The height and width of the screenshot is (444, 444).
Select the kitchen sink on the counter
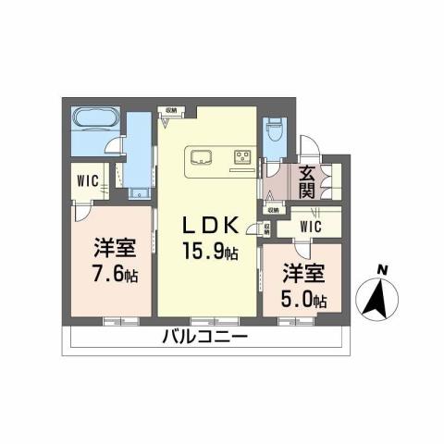coord(203,155)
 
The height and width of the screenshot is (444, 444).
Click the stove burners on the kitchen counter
coord(242,154)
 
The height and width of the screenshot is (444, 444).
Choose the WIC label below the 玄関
coord(309,225)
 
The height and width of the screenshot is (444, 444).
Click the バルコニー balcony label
coord(204,339)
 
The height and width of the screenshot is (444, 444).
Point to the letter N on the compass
coord(381,271)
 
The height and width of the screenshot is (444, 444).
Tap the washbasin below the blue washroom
coord(139,193)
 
